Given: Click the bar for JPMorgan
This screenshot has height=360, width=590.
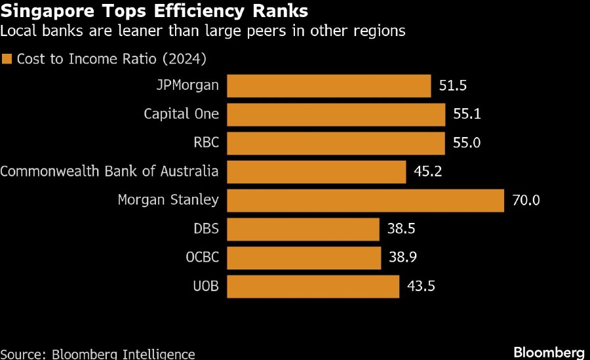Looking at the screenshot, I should pos(328,86).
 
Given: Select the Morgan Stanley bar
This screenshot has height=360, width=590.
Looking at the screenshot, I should pos(365,200).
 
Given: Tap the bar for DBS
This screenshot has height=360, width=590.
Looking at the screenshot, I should pos(303,229).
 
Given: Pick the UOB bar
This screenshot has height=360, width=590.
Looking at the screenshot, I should pos(313,286).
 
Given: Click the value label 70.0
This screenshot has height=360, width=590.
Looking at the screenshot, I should pos(526,200).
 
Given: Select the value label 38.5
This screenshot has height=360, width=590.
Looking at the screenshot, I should pos(402,229).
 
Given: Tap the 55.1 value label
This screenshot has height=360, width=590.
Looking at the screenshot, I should pos(467,115).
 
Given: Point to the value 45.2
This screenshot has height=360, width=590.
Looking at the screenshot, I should pos(428,172).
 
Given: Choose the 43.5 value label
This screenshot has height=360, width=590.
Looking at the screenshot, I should pos(422,286).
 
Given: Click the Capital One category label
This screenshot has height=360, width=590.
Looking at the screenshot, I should pos(182,115).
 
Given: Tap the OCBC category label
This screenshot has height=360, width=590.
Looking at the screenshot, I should pos(203,257).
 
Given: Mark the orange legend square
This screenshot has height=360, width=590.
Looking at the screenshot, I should pos(7,60).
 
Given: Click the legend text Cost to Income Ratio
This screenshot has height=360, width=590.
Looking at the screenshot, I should pos(111,60).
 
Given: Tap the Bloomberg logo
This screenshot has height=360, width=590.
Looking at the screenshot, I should pos(549,352).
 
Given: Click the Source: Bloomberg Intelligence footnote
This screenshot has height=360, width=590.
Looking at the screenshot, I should pos(98,354).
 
